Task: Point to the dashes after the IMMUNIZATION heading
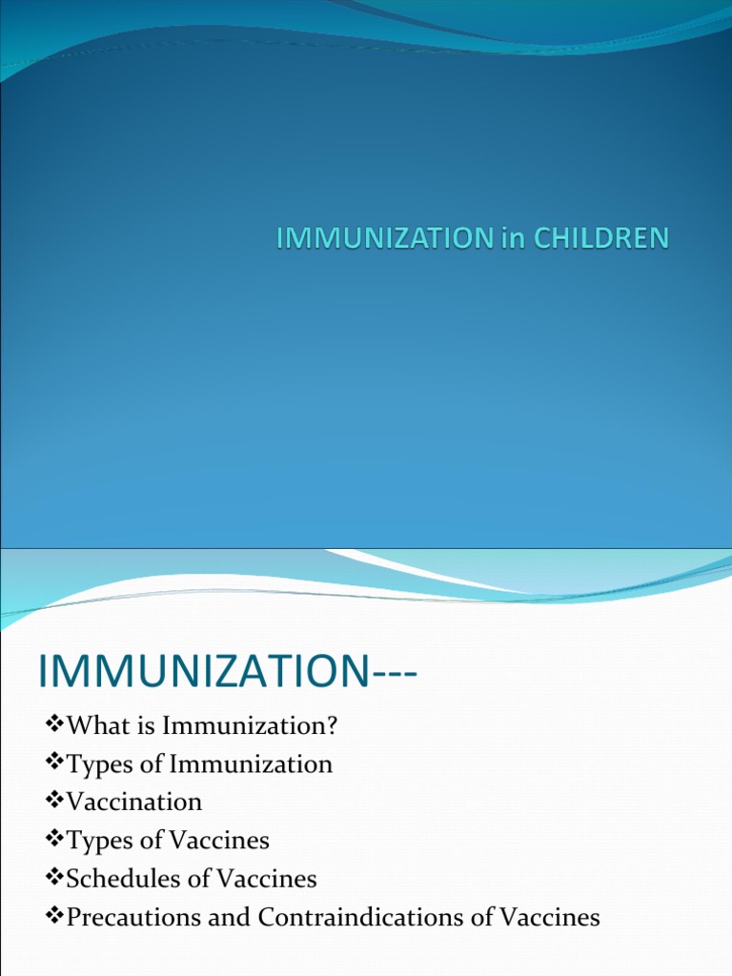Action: [393, 675]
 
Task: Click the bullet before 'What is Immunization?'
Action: [53, 726]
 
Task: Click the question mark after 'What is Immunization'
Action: [333, 726]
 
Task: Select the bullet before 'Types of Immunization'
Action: [53, 764]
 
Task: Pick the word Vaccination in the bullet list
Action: [133, 803]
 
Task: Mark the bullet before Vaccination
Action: [53, 803]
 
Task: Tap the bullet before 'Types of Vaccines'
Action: [53, 841]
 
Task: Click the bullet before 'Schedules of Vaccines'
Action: [53, 879]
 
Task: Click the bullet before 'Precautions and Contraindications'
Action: [53, 917]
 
